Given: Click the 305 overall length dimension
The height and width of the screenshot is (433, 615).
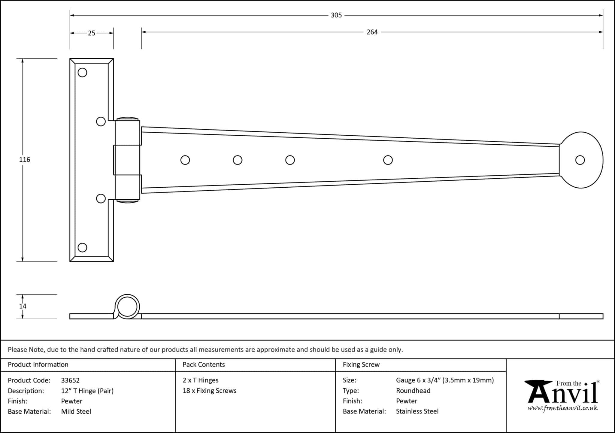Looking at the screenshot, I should tap(336, 15).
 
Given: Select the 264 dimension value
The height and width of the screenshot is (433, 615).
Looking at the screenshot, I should tap(372, 32).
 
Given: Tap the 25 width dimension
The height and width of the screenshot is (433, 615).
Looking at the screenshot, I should tap(92, 33).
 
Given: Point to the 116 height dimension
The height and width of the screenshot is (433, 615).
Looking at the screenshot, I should tap(25, 160).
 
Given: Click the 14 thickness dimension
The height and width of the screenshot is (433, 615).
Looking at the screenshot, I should tap(23, 306).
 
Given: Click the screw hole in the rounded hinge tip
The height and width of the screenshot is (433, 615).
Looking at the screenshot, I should tap(580, 160).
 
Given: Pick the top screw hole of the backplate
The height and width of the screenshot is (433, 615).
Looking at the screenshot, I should tap(82, 72).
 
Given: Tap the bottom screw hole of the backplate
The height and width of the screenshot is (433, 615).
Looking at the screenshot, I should tap(82, 247).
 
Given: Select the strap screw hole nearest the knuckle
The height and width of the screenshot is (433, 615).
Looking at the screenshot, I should tap(185, 160).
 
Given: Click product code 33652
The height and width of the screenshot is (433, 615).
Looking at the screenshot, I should tap(70, 380).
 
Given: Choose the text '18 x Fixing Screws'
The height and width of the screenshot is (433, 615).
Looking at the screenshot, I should tap(209, 391).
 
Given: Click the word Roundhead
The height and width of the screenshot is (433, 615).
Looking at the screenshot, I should tap(413, 391).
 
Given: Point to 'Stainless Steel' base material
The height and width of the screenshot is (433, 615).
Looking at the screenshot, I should tap(417, 411).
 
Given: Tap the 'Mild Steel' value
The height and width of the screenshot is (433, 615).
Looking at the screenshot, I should tap(76, 411).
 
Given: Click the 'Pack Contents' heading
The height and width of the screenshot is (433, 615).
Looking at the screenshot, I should tap(204, 364).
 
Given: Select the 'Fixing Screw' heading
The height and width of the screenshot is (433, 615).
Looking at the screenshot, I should tap(361, 364).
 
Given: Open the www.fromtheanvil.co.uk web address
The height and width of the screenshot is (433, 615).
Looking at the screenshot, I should tap(562, 408).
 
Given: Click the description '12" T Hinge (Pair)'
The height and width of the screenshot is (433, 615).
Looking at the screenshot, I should tap(87, 391).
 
